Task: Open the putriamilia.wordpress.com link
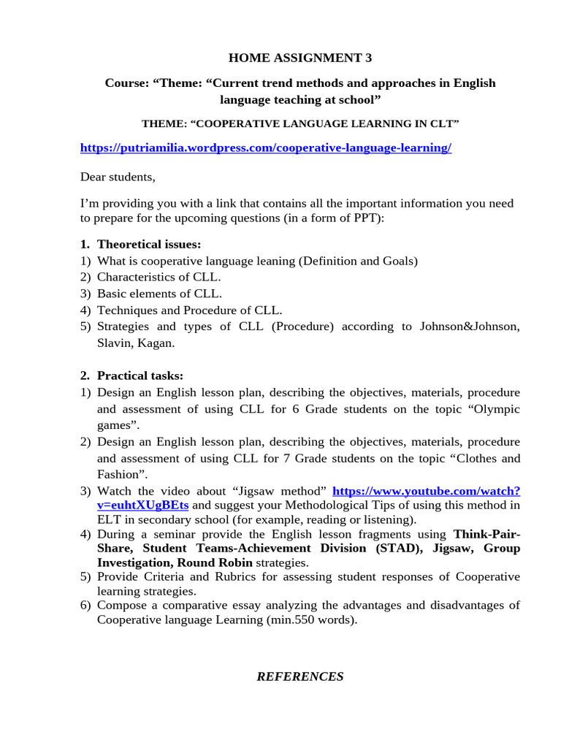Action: coord(266,148)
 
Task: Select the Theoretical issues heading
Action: coord(149,244)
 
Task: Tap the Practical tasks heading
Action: coord(140,375)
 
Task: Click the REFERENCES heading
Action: coord(300,676)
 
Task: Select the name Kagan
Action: coord(157,343)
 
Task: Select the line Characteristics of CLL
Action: coord(159,277)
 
